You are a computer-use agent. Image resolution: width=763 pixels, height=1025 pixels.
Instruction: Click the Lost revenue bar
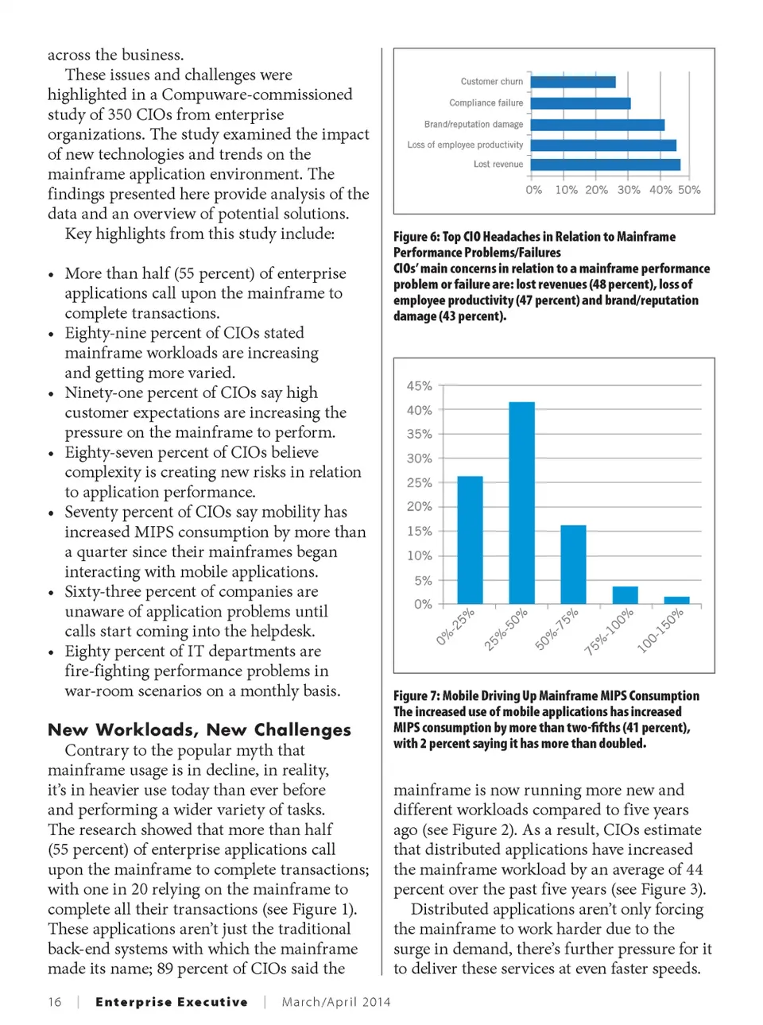point(606,164)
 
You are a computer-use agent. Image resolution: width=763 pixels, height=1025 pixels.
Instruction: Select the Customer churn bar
point(573,82)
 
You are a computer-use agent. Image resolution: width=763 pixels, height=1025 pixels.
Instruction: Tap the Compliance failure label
point(486,102)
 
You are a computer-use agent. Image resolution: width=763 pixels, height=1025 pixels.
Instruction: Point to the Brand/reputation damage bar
point(598,125)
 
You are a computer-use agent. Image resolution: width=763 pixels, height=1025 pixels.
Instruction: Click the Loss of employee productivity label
point(465,145)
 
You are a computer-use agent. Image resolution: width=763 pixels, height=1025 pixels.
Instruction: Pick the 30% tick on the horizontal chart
point(629,190)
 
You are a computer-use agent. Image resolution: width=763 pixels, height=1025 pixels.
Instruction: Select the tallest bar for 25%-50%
point(521,503)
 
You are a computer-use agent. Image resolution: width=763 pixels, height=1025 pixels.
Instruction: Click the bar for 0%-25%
point(470,540)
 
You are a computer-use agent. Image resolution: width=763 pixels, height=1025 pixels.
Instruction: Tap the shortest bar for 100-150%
point(676,600)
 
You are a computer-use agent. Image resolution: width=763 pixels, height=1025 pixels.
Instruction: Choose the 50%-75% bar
point(573,564)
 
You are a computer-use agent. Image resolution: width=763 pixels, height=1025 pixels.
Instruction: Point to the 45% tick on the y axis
point(420,386)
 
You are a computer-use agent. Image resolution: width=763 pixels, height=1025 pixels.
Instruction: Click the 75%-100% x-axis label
point(610,632)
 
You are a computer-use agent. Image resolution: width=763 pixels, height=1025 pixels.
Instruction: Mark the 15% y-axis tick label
point(420,531)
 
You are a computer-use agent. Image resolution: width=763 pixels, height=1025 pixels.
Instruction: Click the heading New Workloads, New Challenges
point(199,729)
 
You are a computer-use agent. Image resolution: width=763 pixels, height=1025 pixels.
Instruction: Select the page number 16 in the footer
point(55,1002)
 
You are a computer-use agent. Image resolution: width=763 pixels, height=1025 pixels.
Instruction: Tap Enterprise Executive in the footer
point(172,1002)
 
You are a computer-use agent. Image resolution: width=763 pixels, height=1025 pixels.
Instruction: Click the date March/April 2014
point(336,1002)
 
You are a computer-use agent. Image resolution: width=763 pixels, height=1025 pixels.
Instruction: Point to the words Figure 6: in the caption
point(416,237)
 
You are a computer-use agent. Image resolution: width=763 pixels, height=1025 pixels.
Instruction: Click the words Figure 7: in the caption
point(416,696)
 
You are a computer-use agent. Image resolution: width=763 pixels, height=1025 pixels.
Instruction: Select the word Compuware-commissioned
point(257,95)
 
